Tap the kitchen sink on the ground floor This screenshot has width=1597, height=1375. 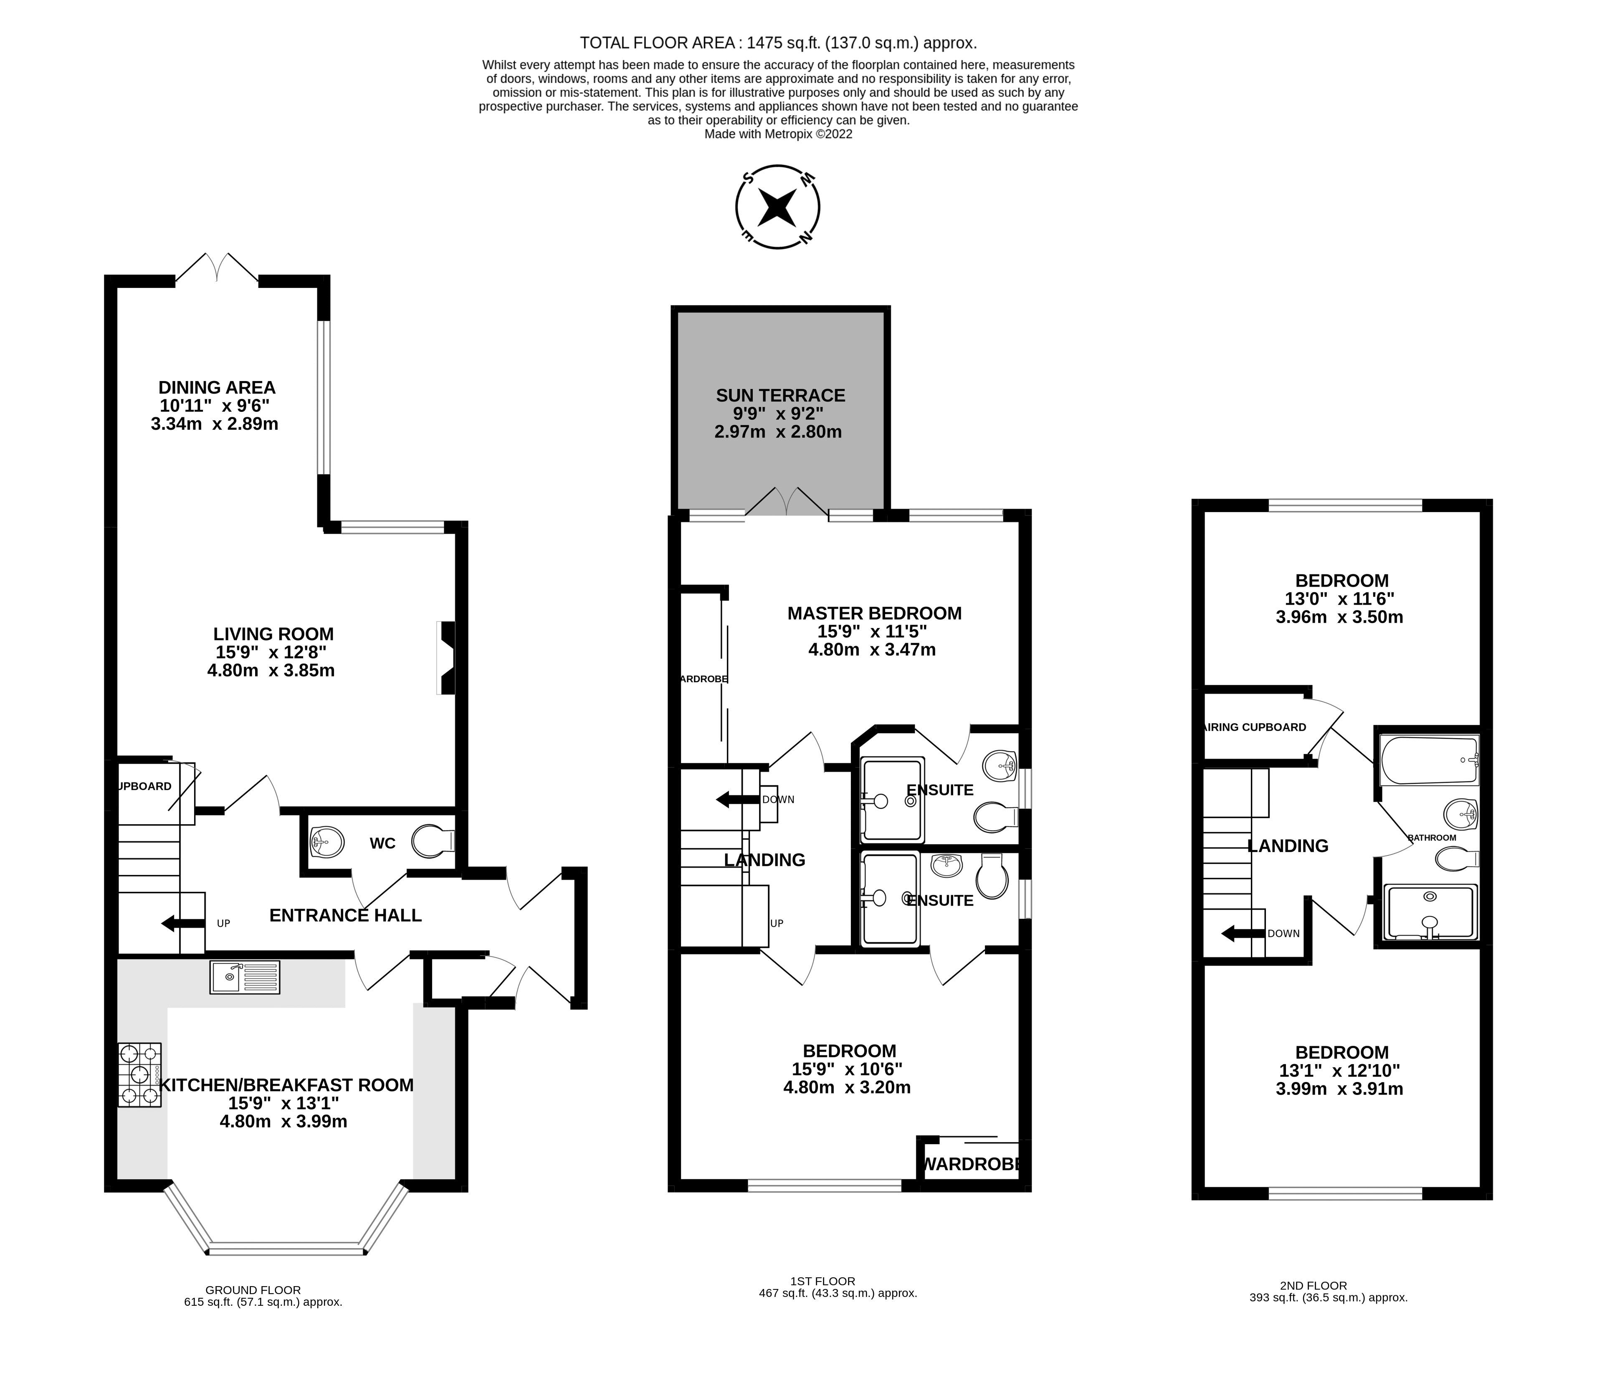point(244,977)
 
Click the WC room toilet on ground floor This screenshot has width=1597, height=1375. point(432,842)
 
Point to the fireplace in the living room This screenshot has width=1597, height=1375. point(446,658)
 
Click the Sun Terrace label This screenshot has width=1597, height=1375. point(780,395)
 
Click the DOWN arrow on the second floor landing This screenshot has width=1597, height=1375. point(1243,933)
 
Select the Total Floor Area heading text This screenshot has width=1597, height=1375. point(778,43)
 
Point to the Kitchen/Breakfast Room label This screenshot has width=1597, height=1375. point(286,1085)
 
